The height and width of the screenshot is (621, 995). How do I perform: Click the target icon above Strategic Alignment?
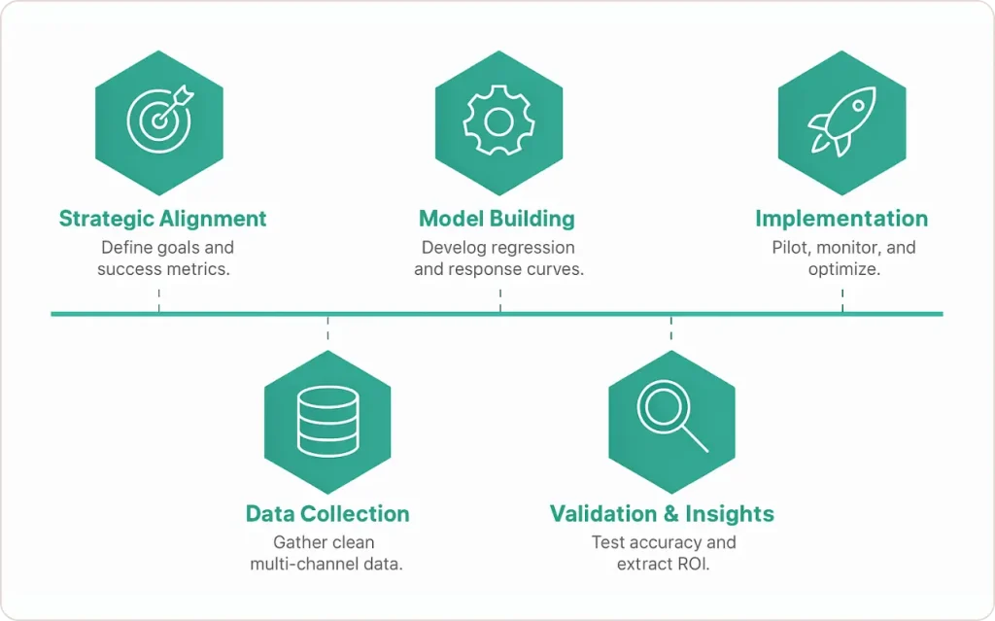pyautogui.click(x=159, y=119)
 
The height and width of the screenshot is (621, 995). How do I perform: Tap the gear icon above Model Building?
pyautogui.click(x=498, y=121)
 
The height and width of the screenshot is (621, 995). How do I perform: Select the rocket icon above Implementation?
pyautogui.click(x=841, y=121)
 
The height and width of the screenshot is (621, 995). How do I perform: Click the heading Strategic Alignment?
pyautogui.click(x=162, y=219)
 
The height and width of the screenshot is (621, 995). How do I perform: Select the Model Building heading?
pyautogui.click(x=497, y=219)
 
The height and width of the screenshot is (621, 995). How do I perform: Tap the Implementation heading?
pyautogui.click(x=841, y=219)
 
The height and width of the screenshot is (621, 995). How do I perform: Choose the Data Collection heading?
pyautogui.click(x=327, y=514)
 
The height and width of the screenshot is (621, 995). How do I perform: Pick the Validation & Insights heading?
pyautogui.click(x=662, y=514)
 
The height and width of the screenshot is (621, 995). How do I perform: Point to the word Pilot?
pyautogui.click(x=791, y=247)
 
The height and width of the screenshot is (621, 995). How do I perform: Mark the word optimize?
pyautogui.click(x=843, y=269)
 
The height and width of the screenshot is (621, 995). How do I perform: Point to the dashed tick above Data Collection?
pyautogui.click(x=328, y=328)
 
